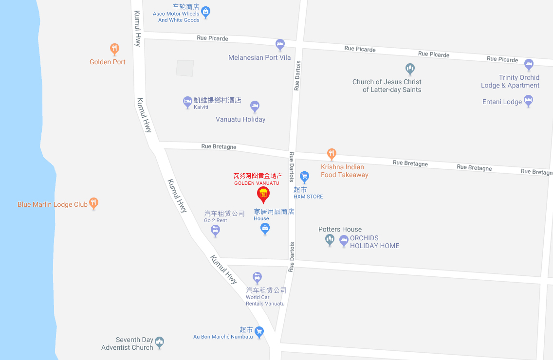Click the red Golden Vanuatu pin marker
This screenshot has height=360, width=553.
[x=263, y=194]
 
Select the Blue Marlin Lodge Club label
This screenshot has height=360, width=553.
[x=53, y=204]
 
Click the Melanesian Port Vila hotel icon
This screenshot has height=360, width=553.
[x=280, y=45]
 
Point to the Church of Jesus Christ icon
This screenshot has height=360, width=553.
[x=410, y=68]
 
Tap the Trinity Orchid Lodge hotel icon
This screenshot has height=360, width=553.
[x=529, y=64]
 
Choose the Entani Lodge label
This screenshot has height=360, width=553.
[x=502, y=102]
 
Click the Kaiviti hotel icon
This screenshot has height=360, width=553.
[x=187, y=102]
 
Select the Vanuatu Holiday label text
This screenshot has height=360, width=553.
[x=240, y=119]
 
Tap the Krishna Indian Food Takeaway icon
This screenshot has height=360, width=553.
[x=332, y=154]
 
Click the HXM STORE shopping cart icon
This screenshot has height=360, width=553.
[x=304, y=176]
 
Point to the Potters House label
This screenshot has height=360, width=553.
[x=340, y=229]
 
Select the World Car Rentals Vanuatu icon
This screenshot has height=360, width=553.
[x=257, y=278]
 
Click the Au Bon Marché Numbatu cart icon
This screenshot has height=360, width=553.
[x=259, y=332]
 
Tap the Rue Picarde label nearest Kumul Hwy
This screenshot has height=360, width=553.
[x=212, y=38]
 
